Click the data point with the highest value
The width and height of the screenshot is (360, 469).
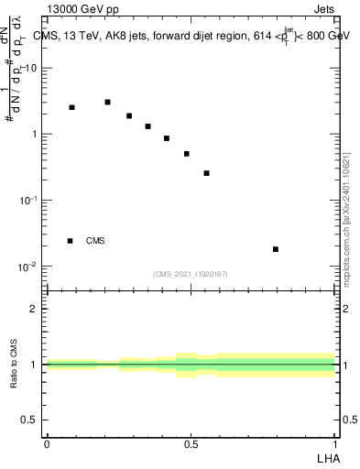(x=107, y=102)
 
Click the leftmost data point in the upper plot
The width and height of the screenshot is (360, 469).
(x=71, y=107)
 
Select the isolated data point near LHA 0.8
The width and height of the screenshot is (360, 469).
(x=276, y=249)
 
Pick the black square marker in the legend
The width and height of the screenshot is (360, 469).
(x=70, y=241)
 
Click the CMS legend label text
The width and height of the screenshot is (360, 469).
(x=95, y=241)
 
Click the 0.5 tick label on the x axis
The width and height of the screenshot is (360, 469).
(x=191, y=443)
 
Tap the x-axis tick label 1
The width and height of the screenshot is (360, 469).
(x=334, y=443)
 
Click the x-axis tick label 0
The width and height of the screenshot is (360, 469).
(x=47, y=443)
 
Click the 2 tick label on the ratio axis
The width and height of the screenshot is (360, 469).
(x=34, y=309)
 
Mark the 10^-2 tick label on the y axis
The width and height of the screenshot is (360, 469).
(x=27, y=267)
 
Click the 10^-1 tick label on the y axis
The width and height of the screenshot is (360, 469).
(x=27, y=200)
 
